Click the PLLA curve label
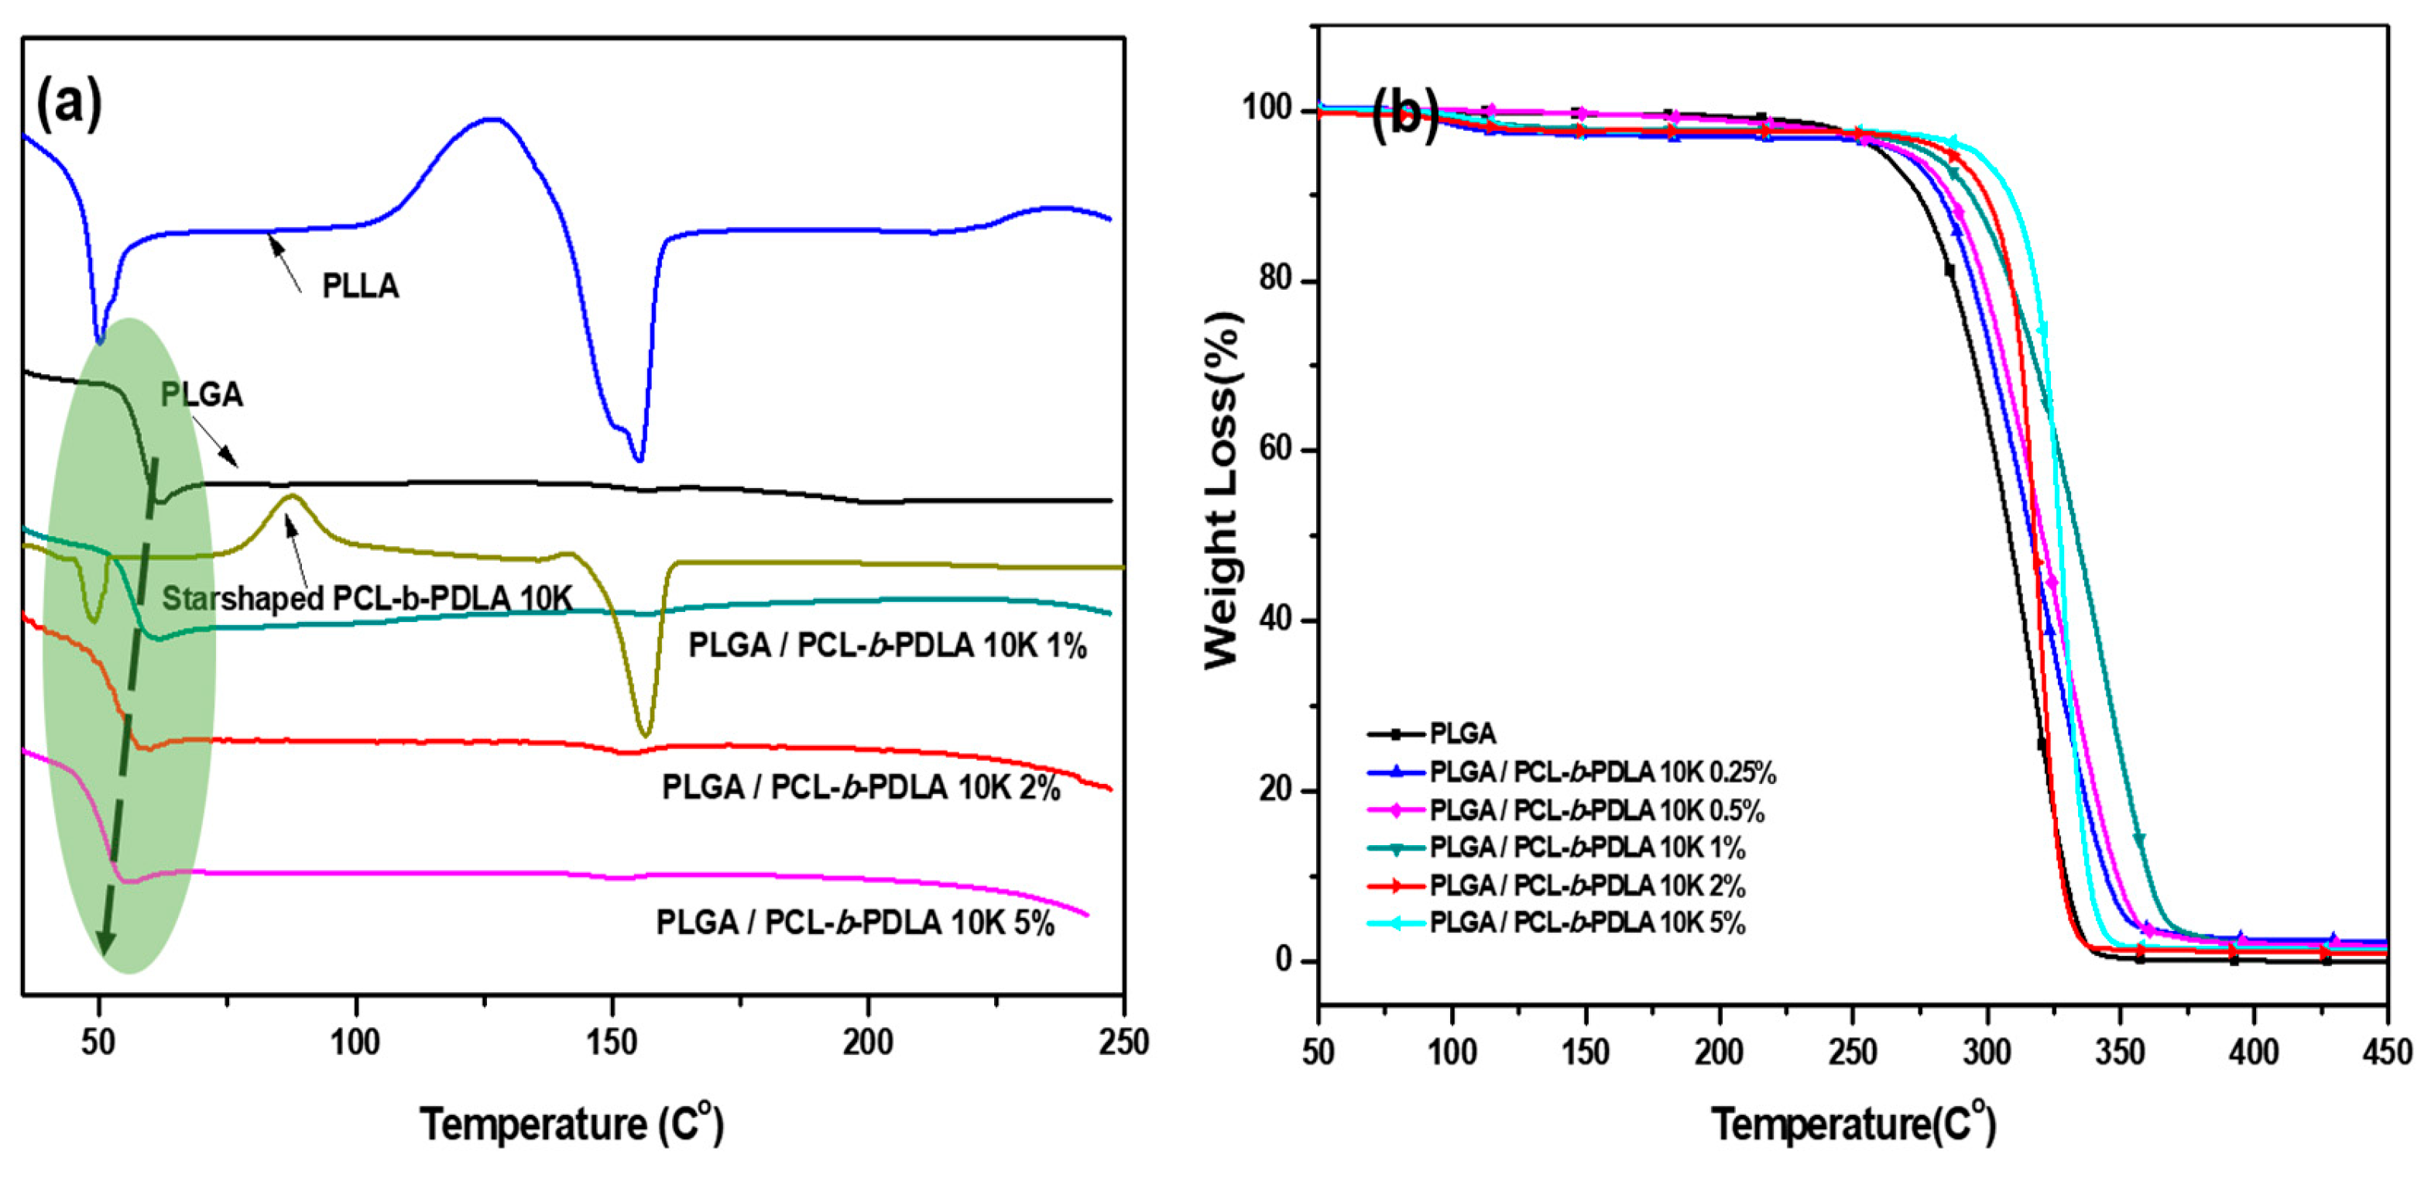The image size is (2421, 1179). click(360, 286)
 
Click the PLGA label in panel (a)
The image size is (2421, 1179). click(201, 395)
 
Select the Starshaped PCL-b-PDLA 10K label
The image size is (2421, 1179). click(366, 598)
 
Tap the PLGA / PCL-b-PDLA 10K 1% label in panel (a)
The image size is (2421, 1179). click(887, 646)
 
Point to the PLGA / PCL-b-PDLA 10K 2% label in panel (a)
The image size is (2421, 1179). click(861, 787)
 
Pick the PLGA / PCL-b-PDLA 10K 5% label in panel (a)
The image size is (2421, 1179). click(856, 923)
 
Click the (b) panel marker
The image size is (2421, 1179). click(1404, 115)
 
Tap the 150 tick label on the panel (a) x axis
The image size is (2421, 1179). click(612, 1043)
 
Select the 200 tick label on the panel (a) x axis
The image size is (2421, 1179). click(867, 1043)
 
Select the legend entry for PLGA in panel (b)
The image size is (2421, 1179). click(1462, 734)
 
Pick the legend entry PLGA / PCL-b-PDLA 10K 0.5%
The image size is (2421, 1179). click(1596, 810)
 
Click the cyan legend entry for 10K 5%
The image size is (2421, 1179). click(1586, 923)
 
